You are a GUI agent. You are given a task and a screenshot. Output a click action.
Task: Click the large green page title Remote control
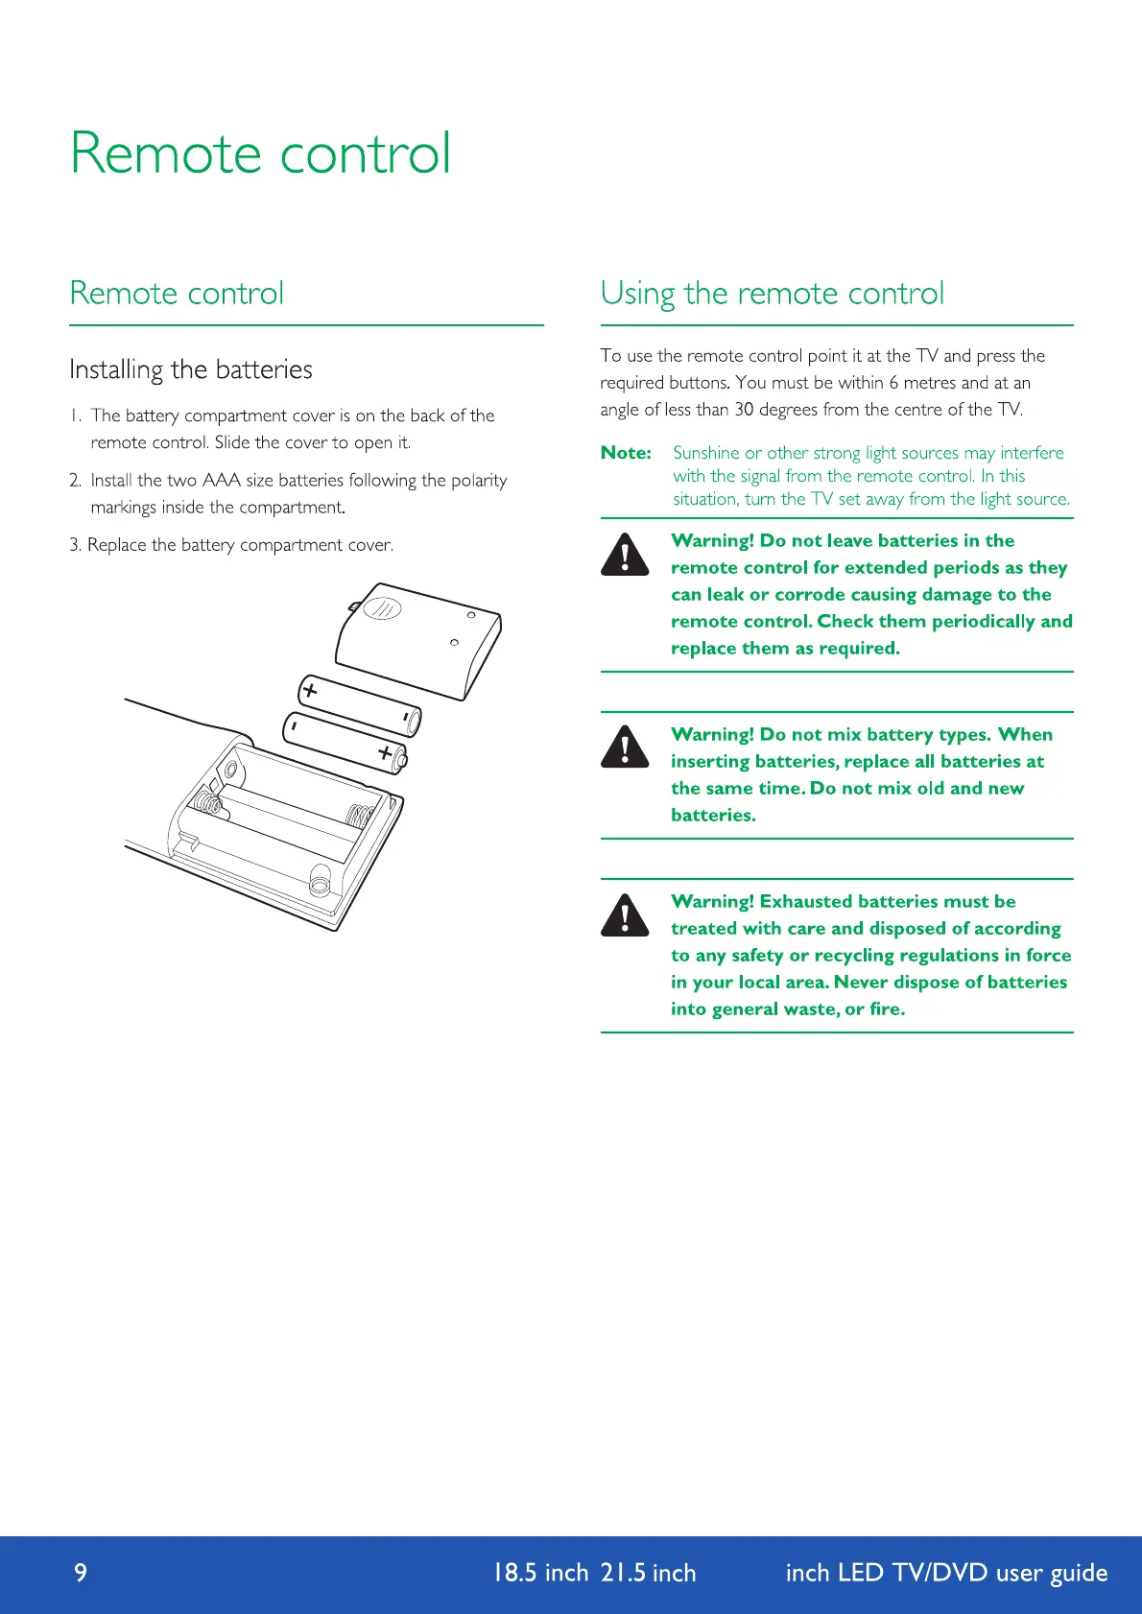[x=260, y=154]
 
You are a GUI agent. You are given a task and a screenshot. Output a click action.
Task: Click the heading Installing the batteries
[x=191, y=369]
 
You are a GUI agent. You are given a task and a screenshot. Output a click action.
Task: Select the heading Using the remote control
[x=773, y=293]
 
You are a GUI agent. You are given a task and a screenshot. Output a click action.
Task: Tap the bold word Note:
[x=626, y=453]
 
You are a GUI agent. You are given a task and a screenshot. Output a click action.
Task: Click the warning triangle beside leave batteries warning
[x=625, y=555]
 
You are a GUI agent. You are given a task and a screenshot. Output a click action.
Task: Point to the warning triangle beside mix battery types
[x=625, y=747]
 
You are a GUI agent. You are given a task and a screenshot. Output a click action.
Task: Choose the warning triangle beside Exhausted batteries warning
[x=625, y=914]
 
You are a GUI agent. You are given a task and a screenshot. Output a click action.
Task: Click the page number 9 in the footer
[x=81, y=1572]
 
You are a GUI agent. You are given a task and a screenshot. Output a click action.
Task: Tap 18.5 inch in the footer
[x=539, y=1573]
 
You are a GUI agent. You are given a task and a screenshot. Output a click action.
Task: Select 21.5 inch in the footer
[x=648, y=1573]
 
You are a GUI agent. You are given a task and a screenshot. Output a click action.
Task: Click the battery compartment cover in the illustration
[x=419, y=637]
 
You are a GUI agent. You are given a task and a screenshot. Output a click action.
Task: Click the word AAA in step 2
[x=222, y=480]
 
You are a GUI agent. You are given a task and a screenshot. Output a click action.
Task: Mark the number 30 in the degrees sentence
[x=744, y=410]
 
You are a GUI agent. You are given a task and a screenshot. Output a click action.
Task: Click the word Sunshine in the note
[x=705, y=453]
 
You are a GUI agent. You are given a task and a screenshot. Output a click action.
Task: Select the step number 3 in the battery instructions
[x=74, y=545]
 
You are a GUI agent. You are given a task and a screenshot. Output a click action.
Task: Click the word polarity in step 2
[x=479, y=480]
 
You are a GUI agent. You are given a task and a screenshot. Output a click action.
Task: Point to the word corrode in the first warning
[x=792, y=594]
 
